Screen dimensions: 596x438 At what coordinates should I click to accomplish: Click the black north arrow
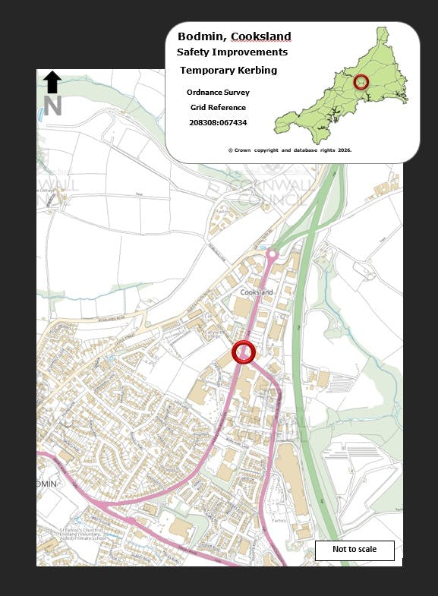[52, 81]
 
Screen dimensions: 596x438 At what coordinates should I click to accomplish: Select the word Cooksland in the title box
[261, 36]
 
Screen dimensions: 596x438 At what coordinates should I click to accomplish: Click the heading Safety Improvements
[232, 52]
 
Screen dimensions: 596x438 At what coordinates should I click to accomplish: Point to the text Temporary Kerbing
[228, 71]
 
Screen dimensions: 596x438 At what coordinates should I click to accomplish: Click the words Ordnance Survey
[218, 93]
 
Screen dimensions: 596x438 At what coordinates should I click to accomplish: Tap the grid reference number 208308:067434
[218, 122]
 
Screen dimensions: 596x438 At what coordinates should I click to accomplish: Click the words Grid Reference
[218, 108]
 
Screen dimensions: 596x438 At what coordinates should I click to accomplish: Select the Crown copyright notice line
[290, 150]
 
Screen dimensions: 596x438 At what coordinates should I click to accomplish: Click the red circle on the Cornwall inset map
[361, 82]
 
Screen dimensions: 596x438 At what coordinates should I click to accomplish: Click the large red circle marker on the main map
[244, 352]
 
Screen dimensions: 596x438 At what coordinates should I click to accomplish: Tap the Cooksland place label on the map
[256, 292]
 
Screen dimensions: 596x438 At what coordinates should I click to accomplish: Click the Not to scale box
[354, 550]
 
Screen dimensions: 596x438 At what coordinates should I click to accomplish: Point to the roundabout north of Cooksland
[272, 255]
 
